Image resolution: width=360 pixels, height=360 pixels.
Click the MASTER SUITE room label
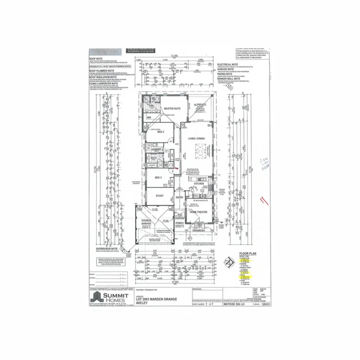(172, 109)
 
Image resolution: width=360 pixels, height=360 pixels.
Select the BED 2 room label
(161, 132)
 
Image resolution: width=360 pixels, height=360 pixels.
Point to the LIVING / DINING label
(197, 138)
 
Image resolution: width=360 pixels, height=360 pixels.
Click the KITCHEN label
(199, 183)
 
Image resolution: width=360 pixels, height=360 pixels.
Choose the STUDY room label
(160, 196)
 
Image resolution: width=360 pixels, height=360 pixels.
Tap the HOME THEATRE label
(198, 212)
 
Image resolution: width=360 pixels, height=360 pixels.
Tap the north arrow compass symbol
(228, 262)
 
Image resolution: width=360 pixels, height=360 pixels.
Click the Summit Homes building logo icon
(97, 297)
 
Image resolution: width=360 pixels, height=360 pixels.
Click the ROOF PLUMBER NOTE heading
(102, 71)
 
